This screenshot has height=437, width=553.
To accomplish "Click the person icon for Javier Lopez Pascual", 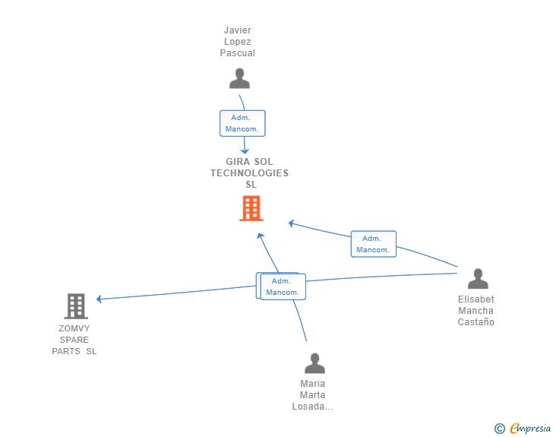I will tap(239, 78).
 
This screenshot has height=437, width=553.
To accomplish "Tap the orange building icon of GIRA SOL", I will tap(251, 208).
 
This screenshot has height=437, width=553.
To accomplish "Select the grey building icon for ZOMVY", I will tap(76, 306).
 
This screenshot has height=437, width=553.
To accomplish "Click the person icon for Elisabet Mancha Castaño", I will tap(477, 279).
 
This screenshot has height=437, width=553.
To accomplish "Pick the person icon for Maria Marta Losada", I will tap(314, 363).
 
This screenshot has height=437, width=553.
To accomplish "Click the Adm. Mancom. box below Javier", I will tap(242, 123).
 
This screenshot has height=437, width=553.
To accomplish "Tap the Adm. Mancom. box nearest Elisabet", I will tap(373, 244).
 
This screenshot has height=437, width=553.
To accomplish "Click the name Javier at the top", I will tap(238, 30).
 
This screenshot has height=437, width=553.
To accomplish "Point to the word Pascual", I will tap(238, 53).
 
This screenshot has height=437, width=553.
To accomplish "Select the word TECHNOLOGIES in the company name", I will tap(250, 173).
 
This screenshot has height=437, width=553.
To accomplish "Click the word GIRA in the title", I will tap(239, 162).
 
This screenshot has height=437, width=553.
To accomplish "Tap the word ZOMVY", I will tap(74, 328).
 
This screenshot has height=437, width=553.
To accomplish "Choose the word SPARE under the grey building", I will tap(74, 340).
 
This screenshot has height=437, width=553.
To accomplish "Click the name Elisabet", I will tap(476, 299).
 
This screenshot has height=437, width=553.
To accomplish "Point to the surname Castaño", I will tap(476, 322).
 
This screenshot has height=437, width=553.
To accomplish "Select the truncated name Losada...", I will tap(312, 407).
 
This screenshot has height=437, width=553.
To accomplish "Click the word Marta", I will tap(313, 395).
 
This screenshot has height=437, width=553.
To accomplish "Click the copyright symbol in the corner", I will tap(500, 429).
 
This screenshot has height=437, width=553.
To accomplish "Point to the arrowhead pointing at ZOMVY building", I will tap(100, 299).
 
